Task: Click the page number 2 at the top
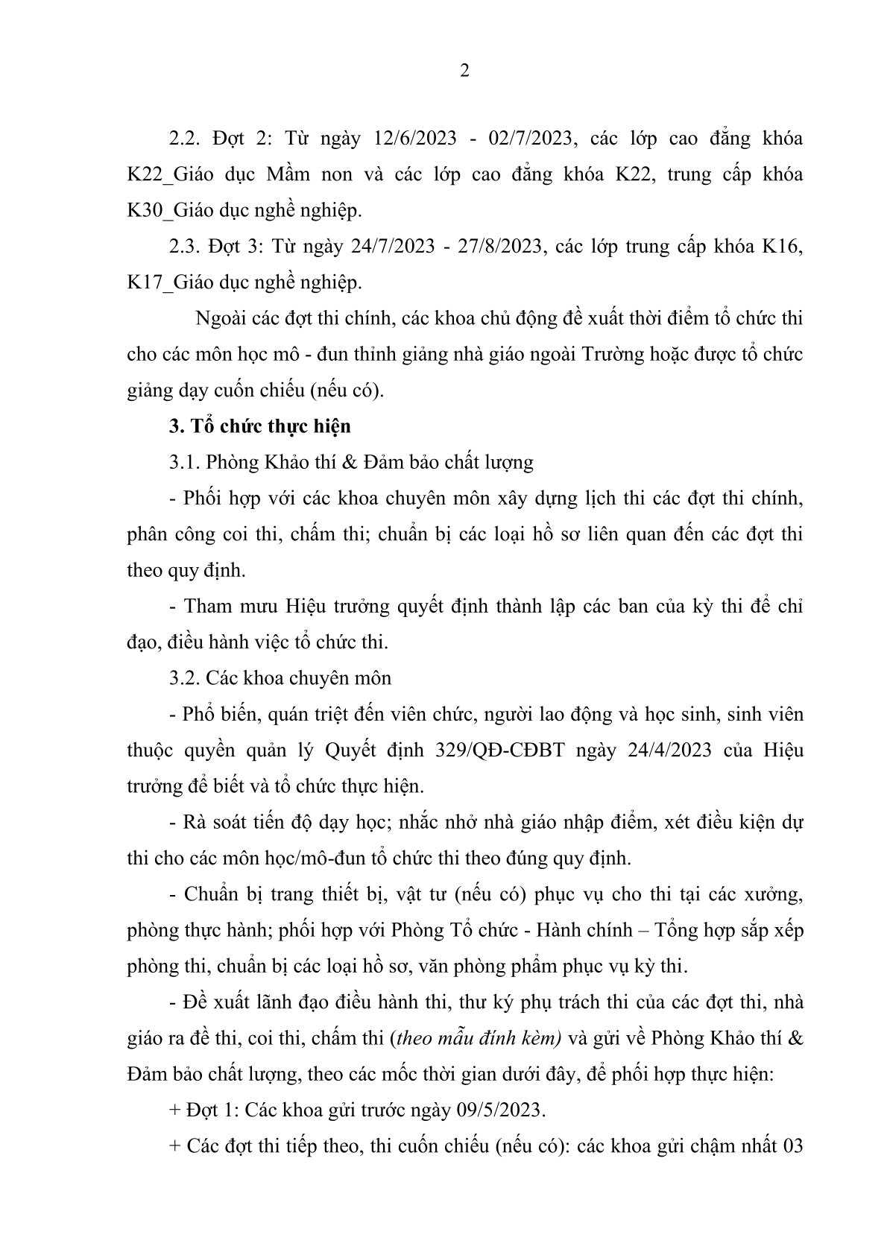pyautogui.click(x=465, y=72)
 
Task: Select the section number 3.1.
pyautogui.click(x=183, y=462)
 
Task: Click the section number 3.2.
pyautogui.click(x=183, y=678)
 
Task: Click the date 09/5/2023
pyautogui.click(x=500, y=1110)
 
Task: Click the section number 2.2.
pyautogui.click(x=183, y=139)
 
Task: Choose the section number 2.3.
pyautogui.click(x=183, y=247)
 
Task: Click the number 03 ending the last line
pyautogui.click(x=792, y=1145)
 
